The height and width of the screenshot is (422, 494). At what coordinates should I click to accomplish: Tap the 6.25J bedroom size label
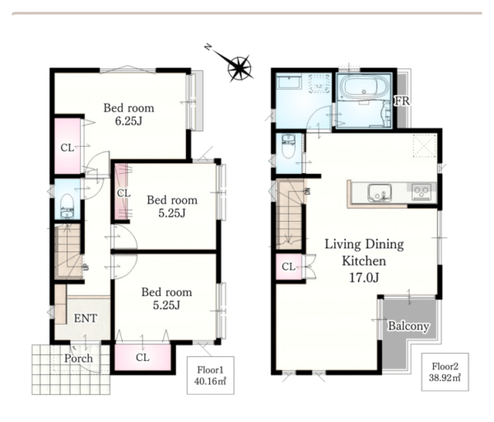(128, 121)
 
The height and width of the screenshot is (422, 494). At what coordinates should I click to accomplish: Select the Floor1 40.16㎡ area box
(211, 375)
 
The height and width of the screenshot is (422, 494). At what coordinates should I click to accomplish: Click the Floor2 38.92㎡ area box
(445, 373)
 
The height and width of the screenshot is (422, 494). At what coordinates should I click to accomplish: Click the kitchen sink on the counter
(380, 192)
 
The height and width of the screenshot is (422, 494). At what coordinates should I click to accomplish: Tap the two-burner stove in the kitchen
(422, 192)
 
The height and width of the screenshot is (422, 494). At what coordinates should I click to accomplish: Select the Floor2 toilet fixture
(288, 147)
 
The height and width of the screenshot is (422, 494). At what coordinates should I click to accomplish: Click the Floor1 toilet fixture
(67, 205)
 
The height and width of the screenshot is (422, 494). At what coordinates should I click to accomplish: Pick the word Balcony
(408, 326)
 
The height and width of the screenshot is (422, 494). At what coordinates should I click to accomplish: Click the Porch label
(78, 359)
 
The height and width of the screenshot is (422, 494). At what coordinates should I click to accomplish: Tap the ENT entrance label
(86, 318)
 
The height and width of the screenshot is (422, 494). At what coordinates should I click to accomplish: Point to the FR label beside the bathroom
(403, 101)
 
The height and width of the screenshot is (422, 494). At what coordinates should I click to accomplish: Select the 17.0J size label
(364, 278)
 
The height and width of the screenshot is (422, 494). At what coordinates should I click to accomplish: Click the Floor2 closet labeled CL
(289, 267)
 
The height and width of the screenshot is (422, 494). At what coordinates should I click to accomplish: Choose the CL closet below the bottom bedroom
(142, 358)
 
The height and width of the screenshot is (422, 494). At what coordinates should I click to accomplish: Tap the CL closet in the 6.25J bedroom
(68, 146)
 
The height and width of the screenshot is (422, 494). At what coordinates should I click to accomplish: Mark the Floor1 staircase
(68, 251)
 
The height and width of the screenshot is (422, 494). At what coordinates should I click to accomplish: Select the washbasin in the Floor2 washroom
(288, 82)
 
